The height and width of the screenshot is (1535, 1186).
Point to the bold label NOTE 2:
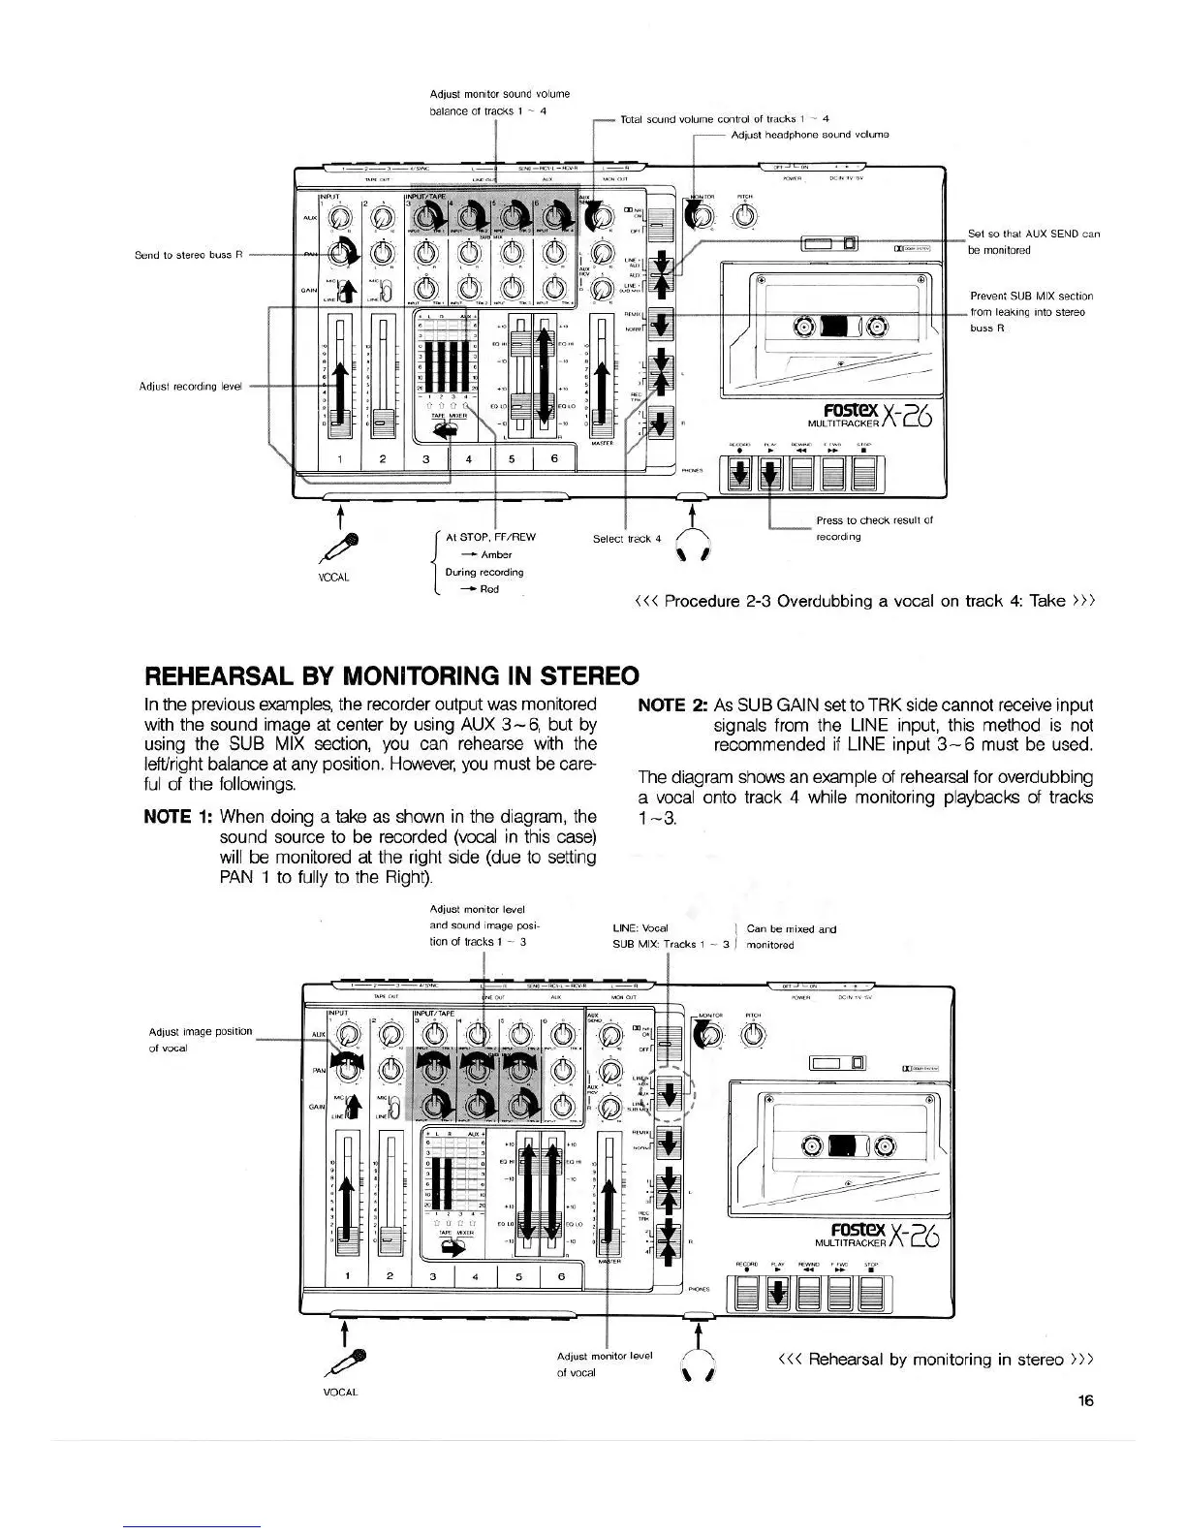671,705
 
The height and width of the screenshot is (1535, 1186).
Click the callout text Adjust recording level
190,386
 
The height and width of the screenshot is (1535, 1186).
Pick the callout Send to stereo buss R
183,255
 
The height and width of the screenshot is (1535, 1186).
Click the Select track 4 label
626,538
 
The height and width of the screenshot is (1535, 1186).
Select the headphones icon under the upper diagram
693,548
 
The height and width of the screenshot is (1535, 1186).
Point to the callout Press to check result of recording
874,528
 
